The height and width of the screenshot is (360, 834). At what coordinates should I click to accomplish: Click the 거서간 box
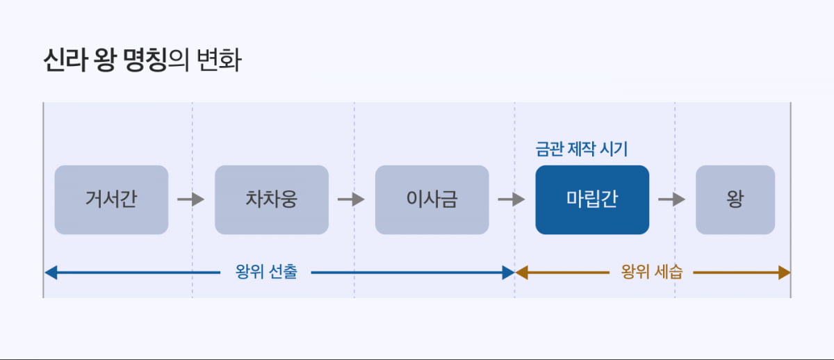tap(111, 199)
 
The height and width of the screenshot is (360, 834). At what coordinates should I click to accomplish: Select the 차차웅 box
tap(272, 199)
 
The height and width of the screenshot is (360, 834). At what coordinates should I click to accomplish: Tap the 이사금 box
tap(432, 199)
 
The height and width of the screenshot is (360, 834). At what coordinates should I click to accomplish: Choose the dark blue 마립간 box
tap(592, 199)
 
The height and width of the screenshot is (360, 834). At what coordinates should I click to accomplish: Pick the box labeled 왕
tap(735, 199)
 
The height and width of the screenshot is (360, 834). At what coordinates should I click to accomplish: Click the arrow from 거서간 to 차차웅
tap(191, 199)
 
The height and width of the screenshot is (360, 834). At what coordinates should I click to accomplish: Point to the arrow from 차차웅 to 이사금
tap(351, 199)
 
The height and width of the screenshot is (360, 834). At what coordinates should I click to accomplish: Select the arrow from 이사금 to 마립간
tap(512, 199)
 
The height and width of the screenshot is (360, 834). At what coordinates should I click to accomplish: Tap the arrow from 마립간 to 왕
tap(672, 199)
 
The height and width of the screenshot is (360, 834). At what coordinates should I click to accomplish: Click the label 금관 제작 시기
tap(582, 149)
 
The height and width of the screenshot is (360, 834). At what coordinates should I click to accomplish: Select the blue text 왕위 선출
tap(266, 272)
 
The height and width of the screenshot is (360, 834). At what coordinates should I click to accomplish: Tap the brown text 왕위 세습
tap(651, 272)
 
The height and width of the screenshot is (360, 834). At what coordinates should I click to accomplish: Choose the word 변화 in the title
tap(219, 61)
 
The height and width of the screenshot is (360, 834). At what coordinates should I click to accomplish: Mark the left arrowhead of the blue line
tap(49, 272)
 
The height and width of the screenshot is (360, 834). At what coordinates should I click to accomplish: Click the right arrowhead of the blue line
tap(508, 272)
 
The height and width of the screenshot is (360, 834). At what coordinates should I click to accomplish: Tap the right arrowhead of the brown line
tap(785, 272)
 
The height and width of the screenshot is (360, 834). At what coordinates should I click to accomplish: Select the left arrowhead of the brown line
tap(521, 272)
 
